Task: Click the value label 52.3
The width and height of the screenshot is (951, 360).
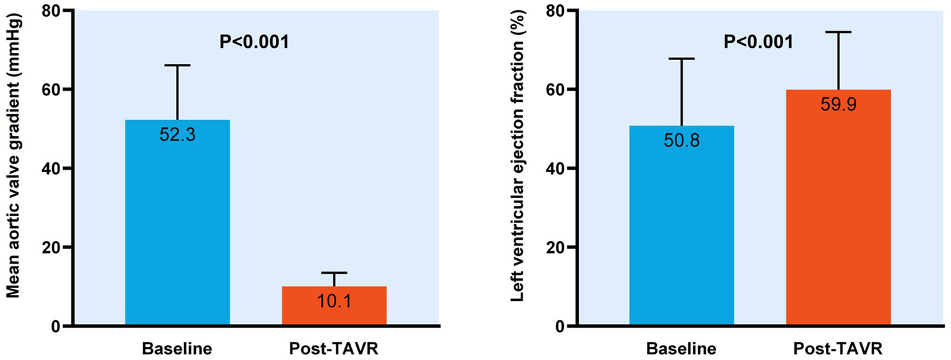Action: click(x=177, y=134)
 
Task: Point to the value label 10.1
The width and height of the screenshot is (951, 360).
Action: click(x=334, y=301)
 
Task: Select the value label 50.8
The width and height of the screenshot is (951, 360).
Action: click(x=681, y=141)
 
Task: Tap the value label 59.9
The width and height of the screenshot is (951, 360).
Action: click(x=838, y=105)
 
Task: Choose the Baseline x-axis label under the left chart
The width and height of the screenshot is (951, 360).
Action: click(x=177, y=348)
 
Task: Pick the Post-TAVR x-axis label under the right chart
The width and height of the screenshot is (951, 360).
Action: click(x=838, y=348)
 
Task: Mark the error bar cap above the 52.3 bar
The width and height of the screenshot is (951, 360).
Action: click(x=177, y=65)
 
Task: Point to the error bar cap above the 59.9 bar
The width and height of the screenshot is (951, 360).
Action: click(x=838, y=32)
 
